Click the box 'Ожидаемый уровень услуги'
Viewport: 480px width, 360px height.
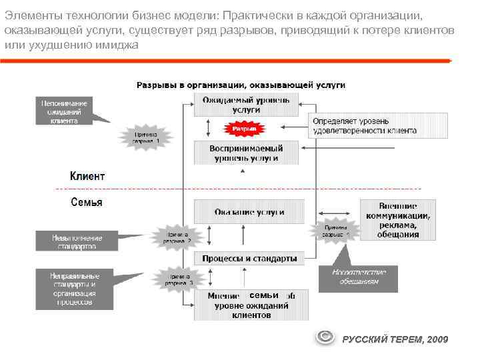coord(246,105)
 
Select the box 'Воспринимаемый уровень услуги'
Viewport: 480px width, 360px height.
coord(246,153)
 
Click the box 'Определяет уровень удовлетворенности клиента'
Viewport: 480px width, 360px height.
coord(364,126)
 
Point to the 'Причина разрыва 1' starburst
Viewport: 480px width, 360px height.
coord(145,137)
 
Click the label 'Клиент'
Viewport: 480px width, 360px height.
coord(87,177)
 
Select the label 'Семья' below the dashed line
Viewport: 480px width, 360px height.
coord(87,202)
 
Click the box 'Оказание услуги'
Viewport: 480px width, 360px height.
coord(249,212)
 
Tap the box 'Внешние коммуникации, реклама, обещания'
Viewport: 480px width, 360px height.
coord(398,219)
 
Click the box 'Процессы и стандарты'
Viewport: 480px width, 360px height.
coord(249,258)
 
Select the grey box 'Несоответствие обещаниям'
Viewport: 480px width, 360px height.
coord(358,277)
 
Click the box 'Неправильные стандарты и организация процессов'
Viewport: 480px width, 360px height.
coord(74,289)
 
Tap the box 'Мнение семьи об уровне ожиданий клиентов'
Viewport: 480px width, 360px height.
coord(251,305)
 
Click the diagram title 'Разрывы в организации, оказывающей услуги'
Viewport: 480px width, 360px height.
coord(241,85)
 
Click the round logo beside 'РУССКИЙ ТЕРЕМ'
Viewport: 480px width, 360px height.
coord(325,337)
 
